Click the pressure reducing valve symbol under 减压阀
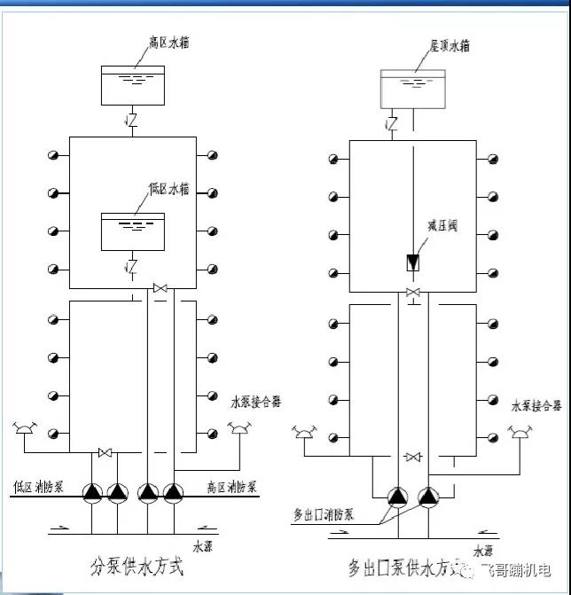click(413, 262)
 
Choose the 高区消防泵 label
click(231, 487)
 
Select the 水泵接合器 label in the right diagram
click(536, 406)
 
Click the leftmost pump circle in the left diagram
click(92, 492)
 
